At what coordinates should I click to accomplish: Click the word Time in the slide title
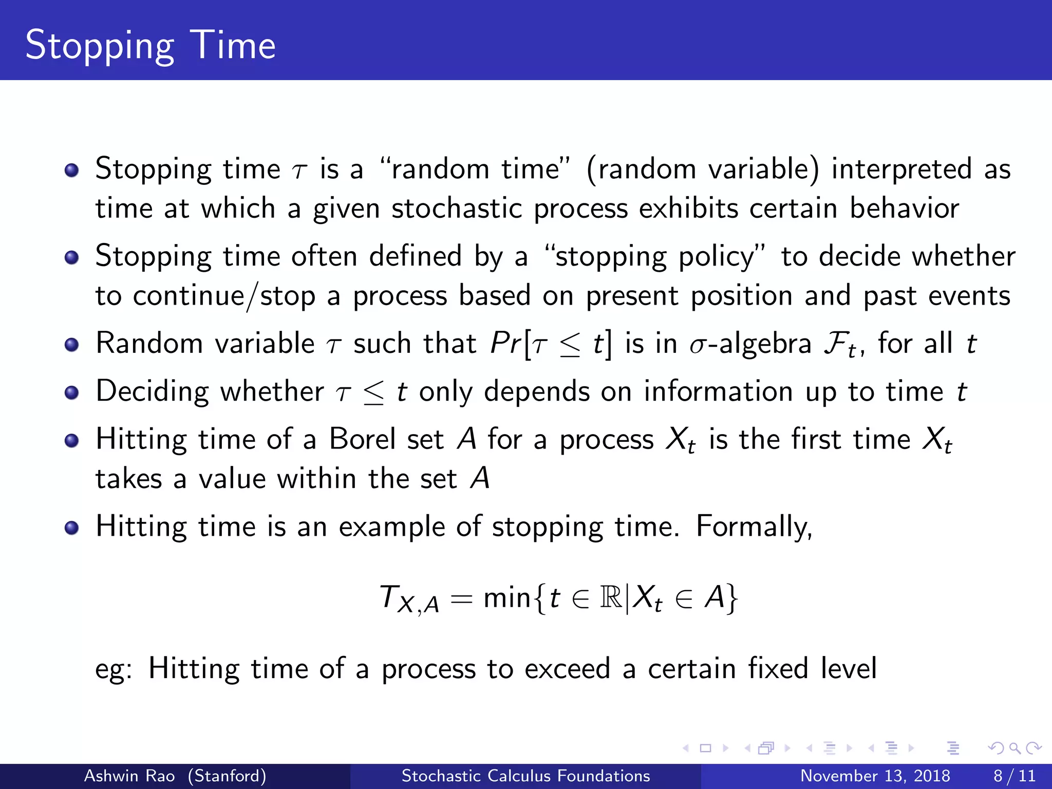click(233, 45)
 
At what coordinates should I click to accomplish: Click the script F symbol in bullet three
click(835, 344)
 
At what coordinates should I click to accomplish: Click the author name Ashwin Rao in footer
click(129, 776)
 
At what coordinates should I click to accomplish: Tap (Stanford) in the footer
click(227, 776)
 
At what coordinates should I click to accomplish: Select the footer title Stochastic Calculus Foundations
click(525, 776)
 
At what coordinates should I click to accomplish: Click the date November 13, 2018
click(875, 776)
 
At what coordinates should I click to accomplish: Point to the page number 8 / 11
click(1014, 776)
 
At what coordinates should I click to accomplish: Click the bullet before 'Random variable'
click(72, 345)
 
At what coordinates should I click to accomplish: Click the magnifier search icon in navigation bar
click(1015, 748)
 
